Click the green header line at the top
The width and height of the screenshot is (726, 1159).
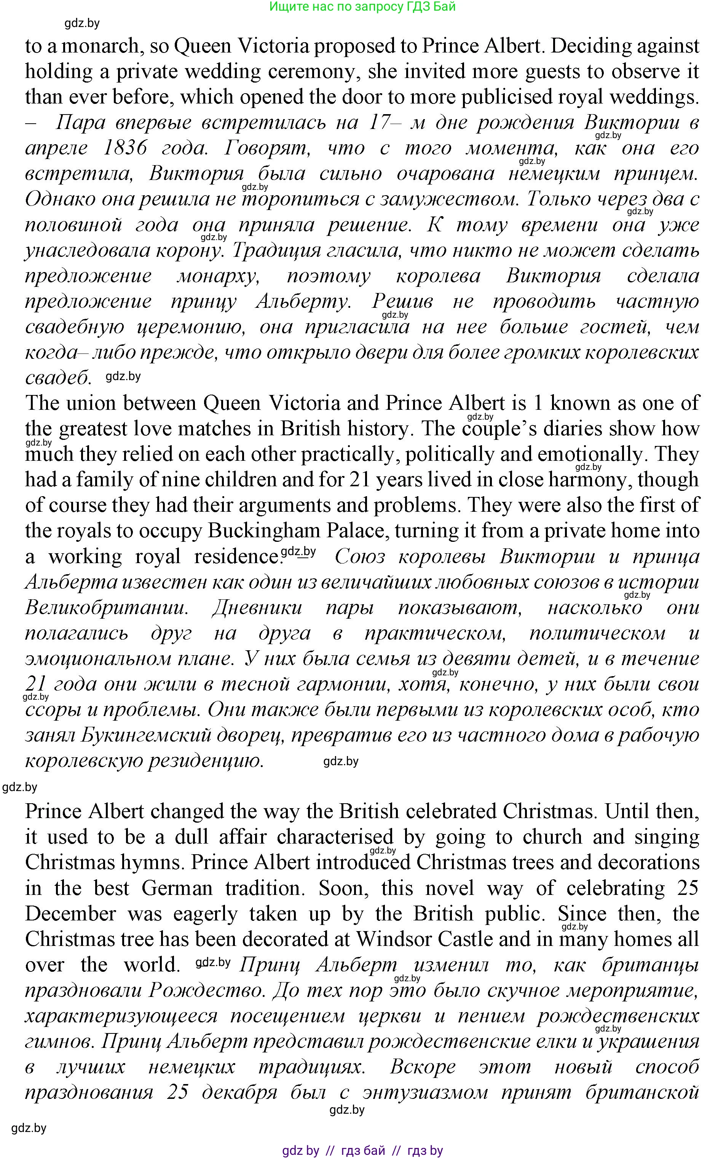[x=362, y=7]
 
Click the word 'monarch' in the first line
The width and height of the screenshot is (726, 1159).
[x=101, y=46]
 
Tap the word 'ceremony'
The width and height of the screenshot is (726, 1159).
[x=311, y=72]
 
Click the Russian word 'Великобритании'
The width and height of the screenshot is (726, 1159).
[x=105, y=608]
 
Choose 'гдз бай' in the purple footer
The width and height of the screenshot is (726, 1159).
[x=363, y=1150]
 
